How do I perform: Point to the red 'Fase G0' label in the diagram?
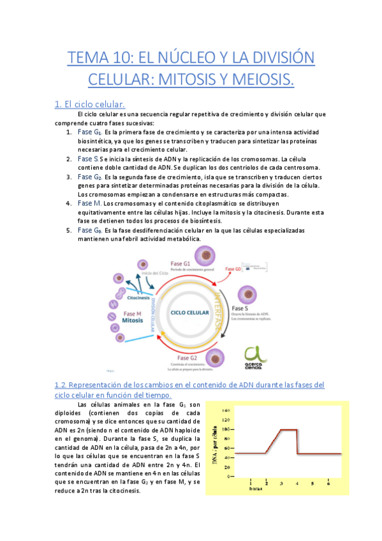234,269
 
